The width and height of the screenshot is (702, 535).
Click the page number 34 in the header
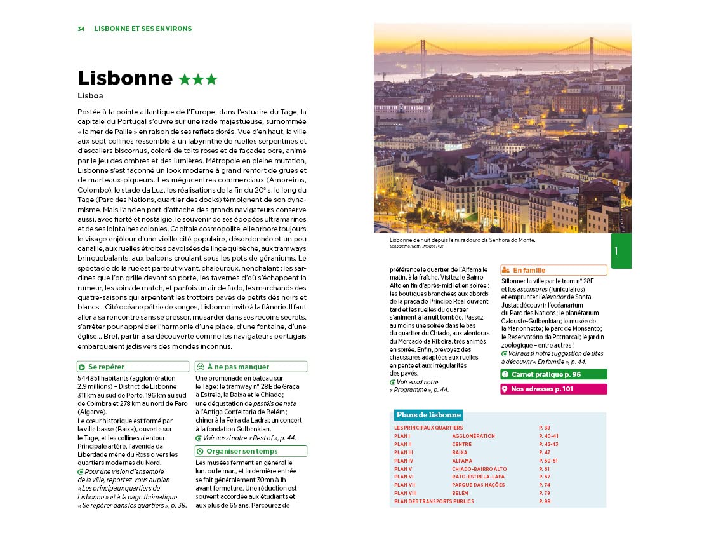(x=81, y=29)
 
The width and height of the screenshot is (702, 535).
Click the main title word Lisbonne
(x=125, y=78)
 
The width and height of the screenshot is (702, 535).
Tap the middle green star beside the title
(x=198, y=79)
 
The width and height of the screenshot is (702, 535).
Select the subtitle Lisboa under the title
(x=91, y=96)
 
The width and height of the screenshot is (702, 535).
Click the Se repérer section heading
(x=106, y=367)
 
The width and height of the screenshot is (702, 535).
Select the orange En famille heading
(x=529, y=270)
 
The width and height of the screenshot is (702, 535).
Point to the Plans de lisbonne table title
(x=428, y=415)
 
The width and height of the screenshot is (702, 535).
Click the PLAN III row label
(x=404, y=452)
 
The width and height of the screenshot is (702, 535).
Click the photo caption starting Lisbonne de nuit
(x=463, y=240)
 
